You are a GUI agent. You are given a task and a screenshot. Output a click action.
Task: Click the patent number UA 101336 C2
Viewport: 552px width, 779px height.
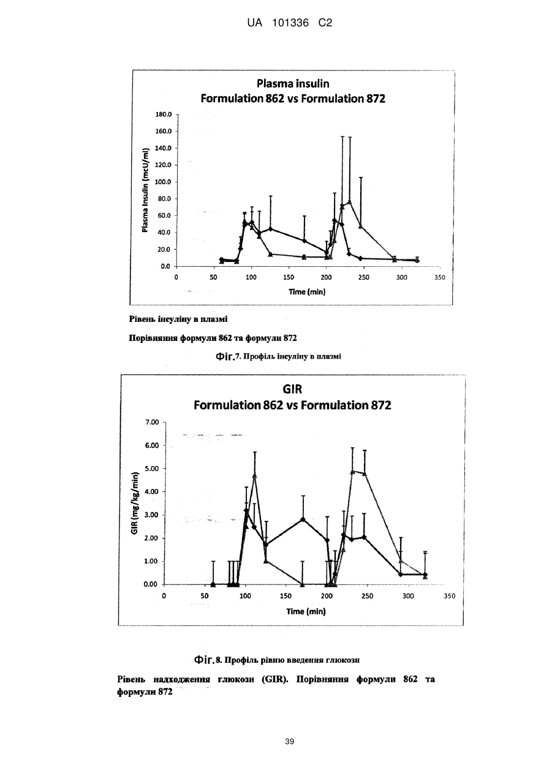pos(290,23)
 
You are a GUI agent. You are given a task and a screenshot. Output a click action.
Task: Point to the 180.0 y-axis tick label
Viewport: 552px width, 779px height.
pos(164,114)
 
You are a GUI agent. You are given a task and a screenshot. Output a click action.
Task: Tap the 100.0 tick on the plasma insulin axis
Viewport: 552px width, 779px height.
pos(164,182)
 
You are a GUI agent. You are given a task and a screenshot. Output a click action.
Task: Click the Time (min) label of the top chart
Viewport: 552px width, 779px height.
pos(307,292)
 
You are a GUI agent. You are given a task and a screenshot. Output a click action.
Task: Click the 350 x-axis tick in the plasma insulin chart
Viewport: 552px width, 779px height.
pos(440,278)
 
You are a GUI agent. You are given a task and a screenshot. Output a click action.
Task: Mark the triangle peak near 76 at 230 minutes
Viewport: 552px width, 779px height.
pos(350,202)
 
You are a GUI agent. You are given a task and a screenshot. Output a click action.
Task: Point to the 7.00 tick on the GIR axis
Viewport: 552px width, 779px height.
pos(152,422)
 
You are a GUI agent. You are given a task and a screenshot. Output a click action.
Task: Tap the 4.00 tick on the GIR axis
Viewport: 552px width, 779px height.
pos(152,492)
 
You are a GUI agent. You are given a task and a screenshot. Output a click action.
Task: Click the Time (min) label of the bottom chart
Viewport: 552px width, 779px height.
pos(306,611)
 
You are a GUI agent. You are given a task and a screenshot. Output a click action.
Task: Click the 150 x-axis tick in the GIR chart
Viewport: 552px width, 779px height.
pos(285,596)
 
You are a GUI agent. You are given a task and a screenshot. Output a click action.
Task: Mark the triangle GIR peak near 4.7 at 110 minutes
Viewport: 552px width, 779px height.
pos(255,475)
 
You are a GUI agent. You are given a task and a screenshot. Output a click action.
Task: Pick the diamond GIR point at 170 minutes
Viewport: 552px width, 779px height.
pos(303,519)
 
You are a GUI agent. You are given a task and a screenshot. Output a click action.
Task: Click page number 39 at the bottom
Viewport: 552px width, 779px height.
pos(289,742)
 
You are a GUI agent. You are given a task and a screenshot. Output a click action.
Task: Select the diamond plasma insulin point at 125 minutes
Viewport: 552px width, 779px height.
pos(271,229)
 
